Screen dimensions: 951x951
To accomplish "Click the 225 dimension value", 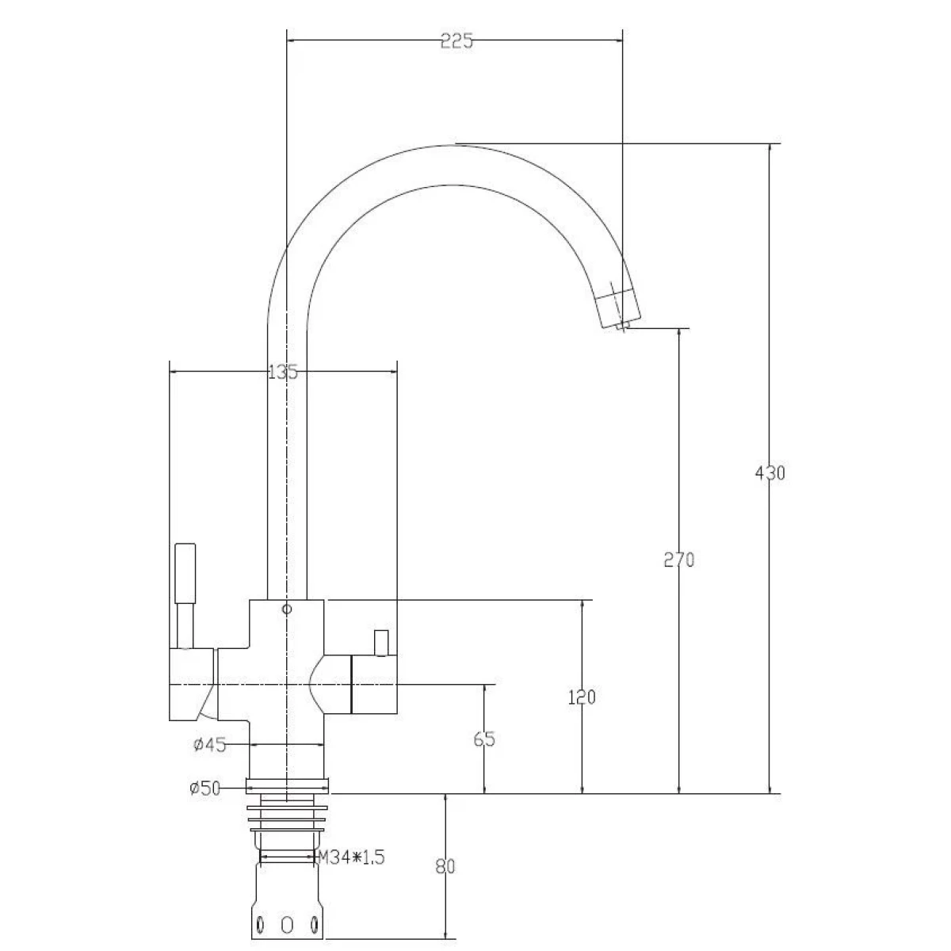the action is (456, 41).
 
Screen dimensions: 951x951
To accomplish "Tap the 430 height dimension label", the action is (770, 473).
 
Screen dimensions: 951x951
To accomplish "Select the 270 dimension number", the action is (679, 560).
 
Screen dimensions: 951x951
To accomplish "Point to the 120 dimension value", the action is (582, 697).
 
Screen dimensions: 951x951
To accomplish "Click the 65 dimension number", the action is (483, 739).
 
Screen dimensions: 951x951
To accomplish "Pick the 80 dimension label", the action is (445, 867).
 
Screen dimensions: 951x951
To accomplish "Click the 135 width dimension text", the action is (283, 372).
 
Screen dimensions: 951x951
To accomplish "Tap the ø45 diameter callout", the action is (210, 745).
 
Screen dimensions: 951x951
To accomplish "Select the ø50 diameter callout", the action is (204, 788).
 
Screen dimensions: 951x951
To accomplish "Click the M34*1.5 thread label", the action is (350, 857).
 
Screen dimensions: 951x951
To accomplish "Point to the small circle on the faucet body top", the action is (287, 609).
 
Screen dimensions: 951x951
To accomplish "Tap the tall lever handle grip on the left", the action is (185, 574).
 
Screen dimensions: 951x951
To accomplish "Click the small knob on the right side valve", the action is (381, 643).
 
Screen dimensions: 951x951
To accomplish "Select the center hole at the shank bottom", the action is (287, 924).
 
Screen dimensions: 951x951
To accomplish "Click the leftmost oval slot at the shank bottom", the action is (260, 924).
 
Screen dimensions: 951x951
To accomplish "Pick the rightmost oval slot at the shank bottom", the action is (314, 924).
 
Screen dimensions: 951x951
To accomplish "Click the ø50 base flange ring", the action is (287, 786).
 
